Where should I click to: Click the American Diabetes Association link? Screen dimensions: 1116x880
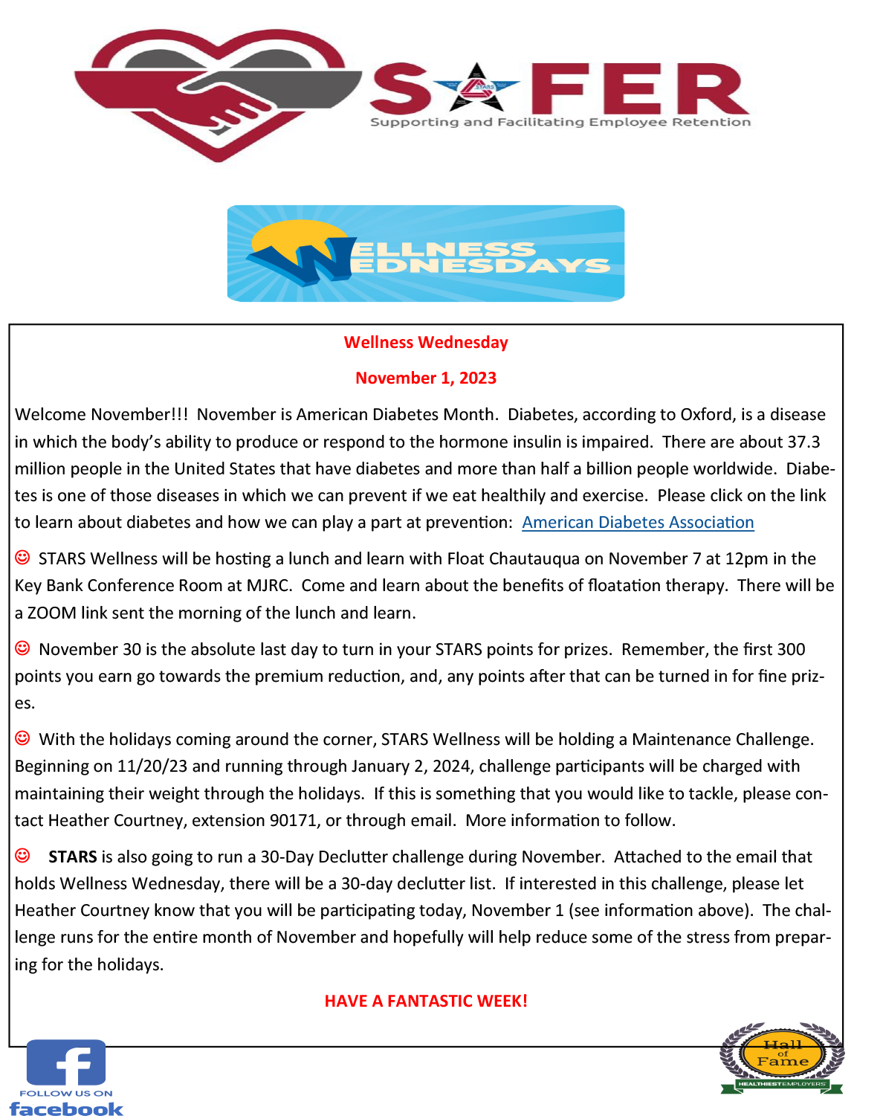638,523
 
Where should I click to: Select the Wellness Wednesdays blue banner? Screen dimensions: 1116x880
425,254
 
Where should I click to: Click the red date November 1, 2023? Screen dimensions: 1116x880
426,378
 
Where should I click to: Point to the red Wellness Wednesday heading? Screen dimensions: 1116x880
426,343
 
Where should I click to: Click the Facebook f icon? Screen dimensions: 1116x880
66,1062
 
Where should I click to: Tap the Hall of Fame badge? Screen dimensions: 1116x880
782,1057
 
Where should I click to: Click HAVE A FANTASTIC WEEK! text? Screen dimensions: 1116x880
426,1002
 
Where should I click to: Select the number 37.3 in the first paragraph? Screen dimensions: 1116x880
803,442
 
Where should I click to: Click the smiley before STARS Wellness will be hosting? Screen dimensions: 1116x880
23,558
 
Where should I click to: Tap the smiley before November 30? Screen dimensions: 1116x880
23,648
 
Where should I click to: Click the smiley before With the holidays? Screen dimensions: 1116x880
23,738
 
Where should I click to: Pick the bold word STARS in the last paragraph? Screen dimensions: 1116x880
73,857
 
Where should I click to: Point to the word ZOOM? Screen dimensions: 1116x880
52,613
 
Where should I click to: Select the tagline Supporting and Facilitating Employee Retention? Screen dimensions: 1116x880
560,123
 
